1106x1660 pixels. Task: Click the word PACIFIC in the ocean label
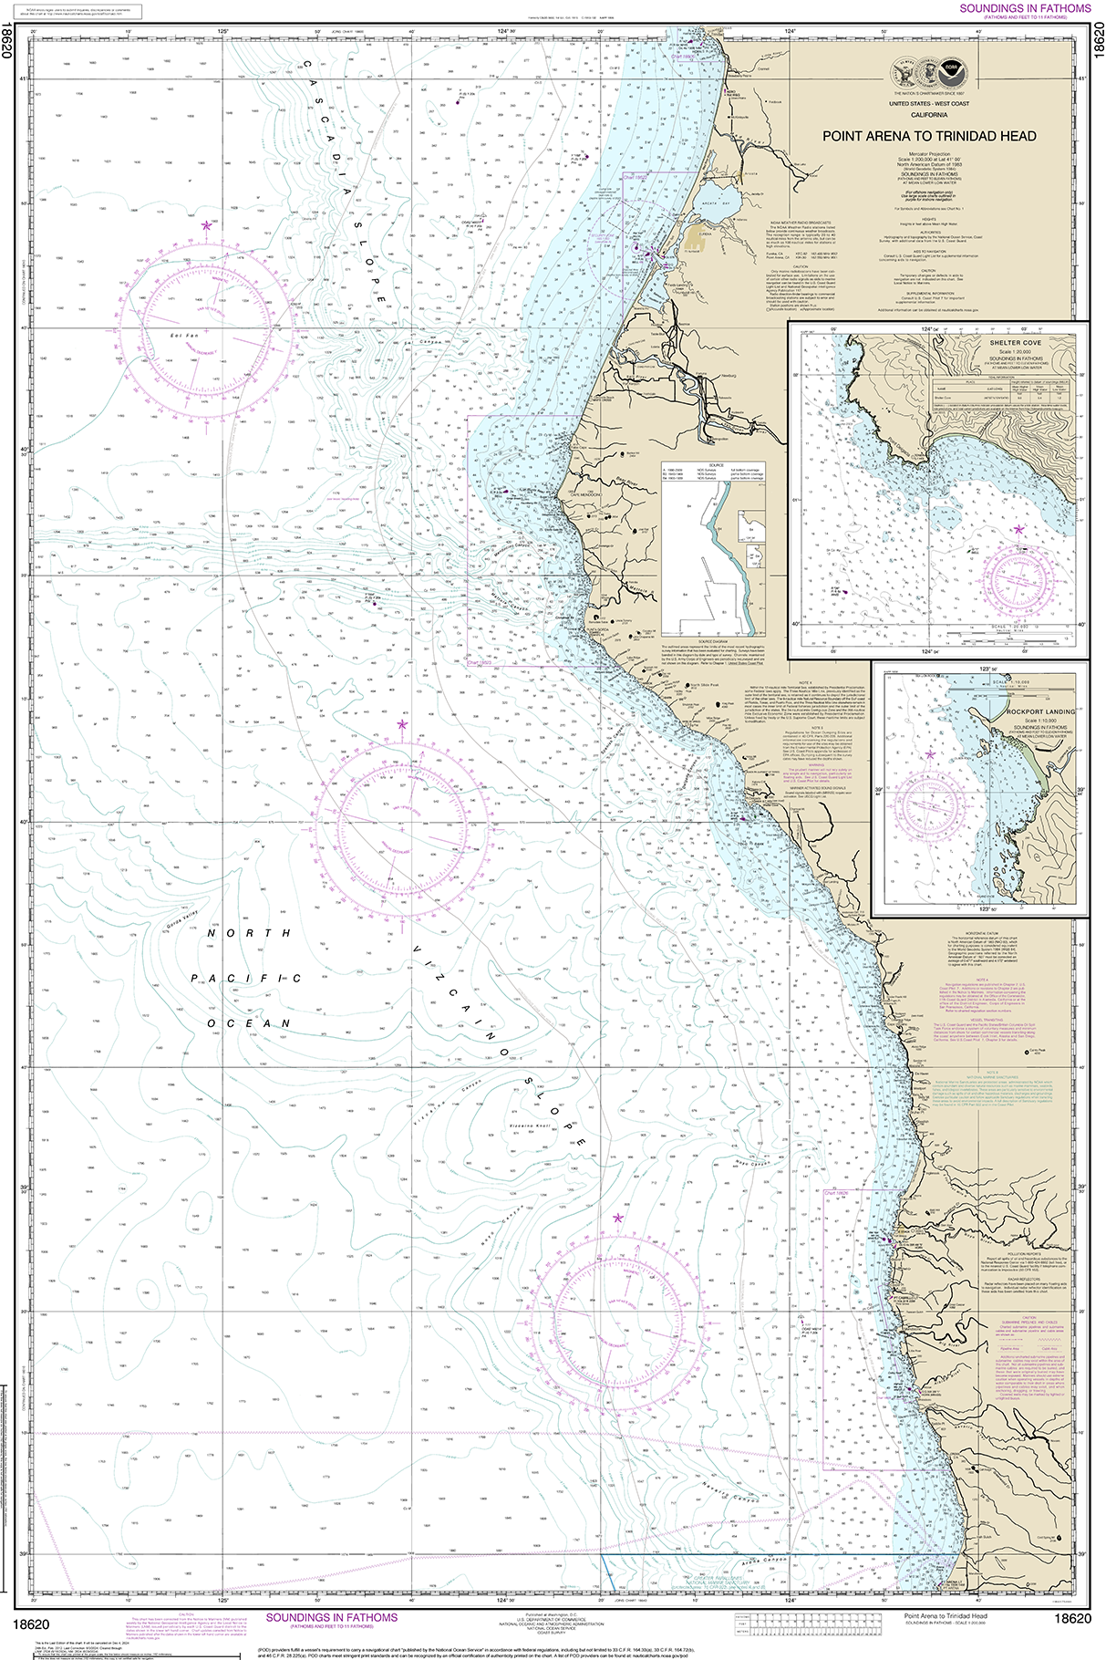245,978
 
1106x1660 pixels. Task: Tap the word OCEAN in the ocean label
248,1023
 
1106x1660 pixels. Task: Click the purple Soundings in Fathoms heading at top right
1025,8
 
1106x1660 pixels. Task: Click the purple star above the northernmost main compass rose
208,224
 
